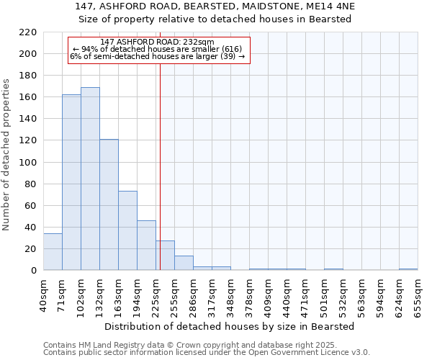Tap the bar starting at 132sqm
point(109,204)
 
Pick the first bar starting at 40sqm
point(53,252)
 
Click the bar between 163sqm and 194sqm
point(127,230)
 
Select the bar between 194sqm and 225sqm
point(146,246)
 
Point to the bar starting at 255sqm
point(184,263)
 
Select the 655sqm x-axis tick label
point(418,294)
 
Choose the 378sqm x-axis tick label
point(249,294)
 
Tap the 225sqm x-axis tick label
point(156,294)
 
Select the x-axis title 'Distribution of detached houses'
point(230,326)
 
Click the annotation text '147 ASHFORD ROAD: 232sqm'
point(158,42)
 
